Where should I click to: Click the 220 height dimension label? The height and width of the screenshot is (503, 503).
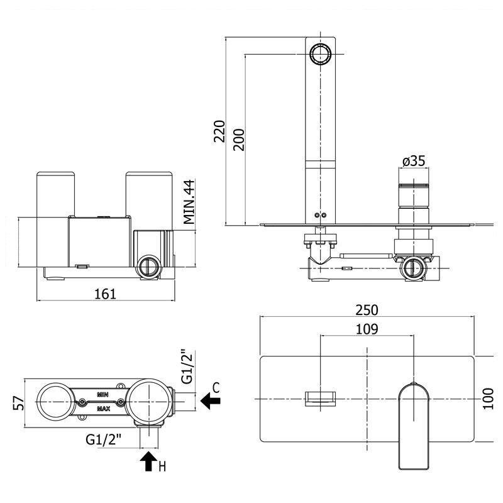point(219,131)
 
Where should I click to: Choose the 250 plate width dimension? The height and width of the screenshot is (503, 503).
point(367,309)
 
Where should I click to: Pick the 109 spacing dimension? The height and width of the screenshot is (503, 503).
point(367,329)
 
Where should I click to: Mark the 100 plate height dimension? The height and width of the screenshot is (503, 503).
point(488,398)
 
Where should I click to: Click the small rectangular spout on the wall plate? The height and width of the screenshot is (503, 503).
point(321,398)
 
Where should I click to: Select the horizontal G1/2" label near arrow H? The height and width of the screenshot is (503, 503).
point(104,438)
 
